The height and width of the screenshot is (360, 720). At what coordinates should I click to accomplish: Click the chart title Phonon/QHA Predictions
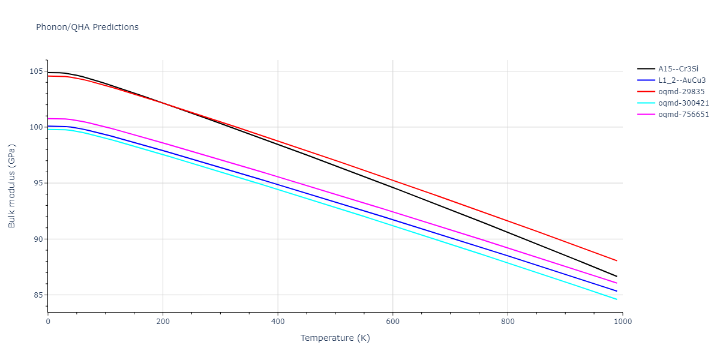coord(87,27)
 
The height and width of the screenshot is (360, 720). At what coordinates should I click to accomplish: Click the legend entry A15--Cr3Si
coord(678,69)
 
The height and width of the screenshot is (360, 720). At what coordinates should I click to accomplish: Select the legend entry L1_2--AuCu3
coord(683,80)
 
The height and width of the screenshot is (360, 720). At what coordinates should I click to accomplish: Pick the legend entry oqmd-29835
coord(681,92)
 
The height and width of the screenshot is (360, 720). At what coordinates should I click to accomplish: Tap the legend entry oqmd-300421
coord(683,103)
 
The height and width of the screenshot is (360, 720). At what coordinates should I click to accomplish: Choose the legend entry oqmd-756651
coord(683,115)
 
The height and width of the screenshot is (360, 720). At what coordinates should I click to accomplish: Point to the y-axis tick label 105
coord(36,71)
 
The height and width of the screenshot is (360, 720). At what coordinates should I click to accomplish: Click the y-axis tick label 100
coord(36,127)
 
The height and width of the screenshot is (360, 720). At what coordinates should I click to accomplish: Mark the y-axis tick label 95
coord(38,183)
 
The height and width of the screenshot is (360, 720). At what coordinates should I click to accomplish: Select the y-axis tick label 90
coord(38,239)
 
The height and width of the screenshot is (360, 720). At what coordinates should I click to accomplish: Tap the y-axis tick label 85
coord(38,295)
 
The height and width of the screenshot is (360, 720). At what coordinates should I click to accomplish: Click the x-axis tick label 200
coord(163,321)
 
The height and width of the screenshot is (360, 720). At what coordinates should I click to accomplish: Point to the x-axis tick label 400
coord(278,321)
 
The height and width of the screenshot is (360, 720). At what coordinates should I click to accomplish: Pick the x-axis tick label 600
coord(392,321)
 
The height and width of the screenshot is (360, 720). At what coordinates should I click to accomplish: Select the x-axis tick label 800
coord(508,321)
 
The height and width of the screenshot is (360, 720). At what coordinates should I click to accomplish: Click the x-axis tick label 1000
coord(622,321)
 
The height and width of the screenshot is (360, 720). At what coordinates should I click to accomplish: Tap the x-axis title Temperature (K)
coord(335,338)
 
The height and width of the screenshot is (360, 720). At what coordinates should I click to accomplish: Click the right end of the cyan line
coord(617,299)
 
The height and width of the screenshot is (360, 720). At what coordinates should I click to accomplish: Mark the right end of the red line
coord(617,260)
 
